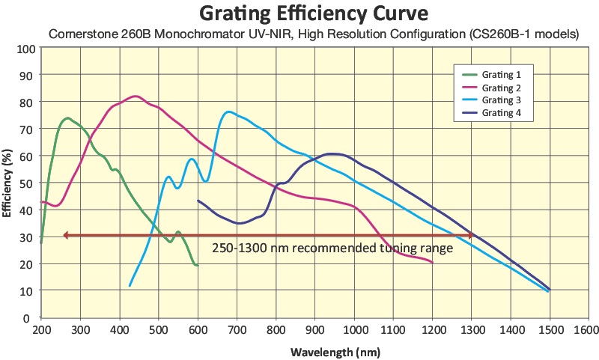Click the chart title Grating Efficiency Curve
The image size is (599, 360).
(299, 13)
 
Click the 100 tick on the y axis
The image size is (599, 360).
(27, 49)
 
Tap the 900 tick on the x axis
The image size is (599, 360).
(315, 329)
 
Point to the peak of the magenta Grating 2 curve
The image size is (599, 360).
(135, 97)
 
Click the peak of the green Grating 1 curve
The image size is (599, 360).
(67, 118)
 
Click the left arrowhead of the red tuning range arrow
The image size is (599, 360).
(66, 235)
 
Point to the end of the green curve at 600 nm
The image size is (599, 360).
(197, 266)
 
